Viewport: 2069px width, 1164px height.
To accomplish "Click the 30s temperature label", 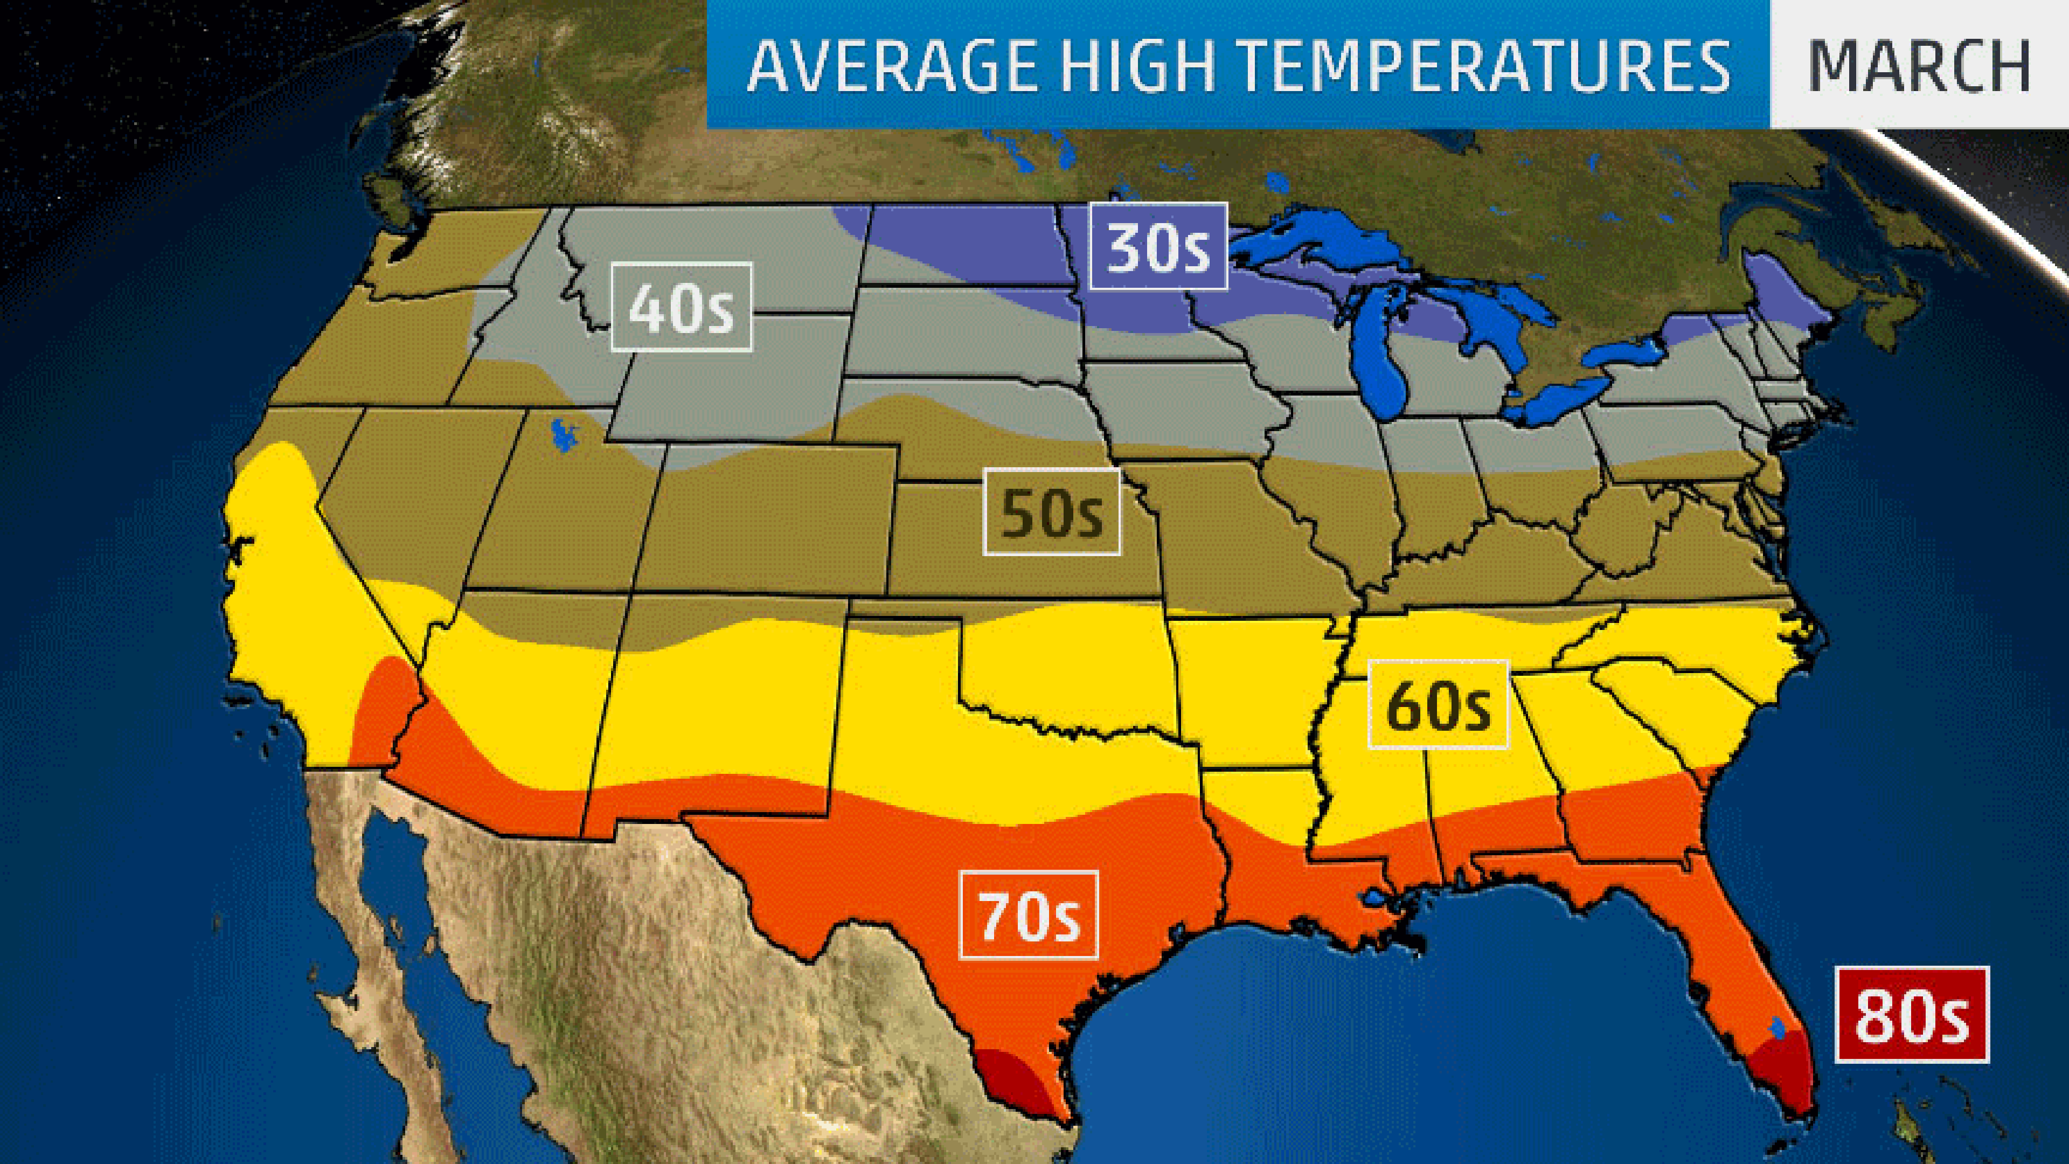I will click(x=1158, y=247).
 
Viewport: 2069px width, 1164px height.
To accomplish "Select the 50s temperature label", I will click(x=1051, y=512).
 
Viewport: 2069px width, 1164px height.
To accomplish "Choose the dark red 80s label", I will click(x=1911, y=1015).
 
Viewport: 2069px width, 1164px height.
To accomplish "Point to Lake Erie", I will click(x=1562, y=401).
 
